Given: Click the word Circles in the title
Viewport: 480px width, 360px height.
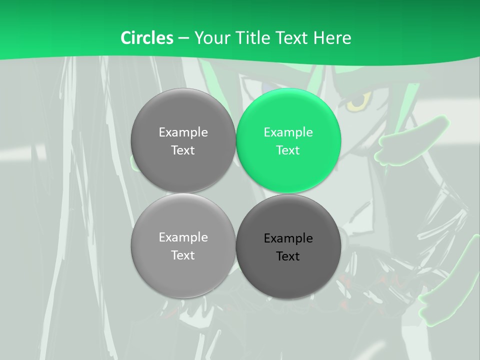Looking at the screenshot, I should [146, 38].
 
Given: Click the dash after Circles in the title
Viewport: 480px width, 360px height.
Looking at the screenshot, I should [183, 38].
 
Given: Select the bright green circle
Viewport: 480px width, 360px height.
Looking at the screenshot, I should [288, 140].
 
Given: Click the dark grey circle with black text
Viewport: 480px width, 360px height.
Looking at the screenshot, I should [288, 246].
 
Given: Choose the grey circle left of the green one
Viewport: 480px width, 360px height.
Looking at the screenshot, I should [183, 140].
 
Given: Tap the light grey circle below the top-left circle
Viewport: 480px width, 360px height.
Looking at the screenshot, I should [183, 245].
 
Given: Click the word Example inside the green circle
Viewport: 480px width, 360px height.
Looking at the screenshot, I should [288, 132].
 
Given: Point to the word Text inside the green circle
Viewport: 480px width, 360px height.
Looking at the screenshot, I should [288, 150].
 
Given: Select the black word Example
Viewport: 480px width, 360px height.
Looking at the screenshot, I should [288, 238].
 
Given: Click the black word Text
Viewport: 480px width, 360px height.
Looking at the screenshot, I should [288, 256].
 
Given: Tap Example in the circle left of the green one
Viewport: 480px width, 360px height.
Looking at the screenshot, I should [183, 132].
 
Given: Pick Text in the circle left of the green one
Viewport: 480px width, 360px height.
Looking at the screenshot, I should [183, 150].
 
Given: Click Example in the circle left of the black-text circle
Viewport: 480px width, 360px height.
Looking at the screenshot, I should [183, 237].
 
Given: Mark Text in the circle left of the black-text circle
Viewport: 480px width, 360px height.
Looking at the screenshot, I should [183, 255].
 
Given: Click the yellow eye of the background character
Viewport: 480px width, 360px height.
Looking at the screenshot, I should [358, 101].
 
